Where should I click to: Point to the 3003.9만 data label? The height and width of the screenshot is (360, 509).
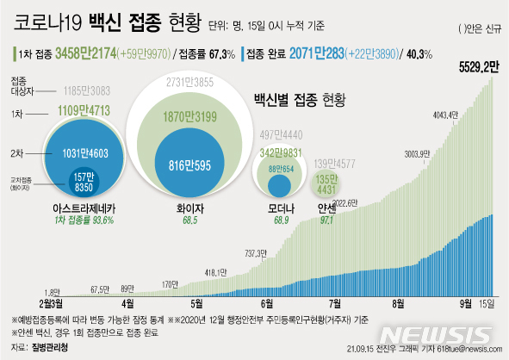click(411, 156)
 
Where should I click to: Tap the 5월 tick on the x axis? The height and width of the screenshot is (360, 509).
click(197, 304)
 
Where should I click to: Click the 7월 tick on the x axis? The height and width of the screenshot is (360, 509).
click(332, 304)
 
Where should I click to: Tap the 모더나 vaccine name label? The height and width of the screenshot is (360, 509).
click(277, 208)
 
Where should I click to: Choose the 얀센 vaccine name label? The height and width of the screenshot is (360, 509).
click(326, 208)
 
